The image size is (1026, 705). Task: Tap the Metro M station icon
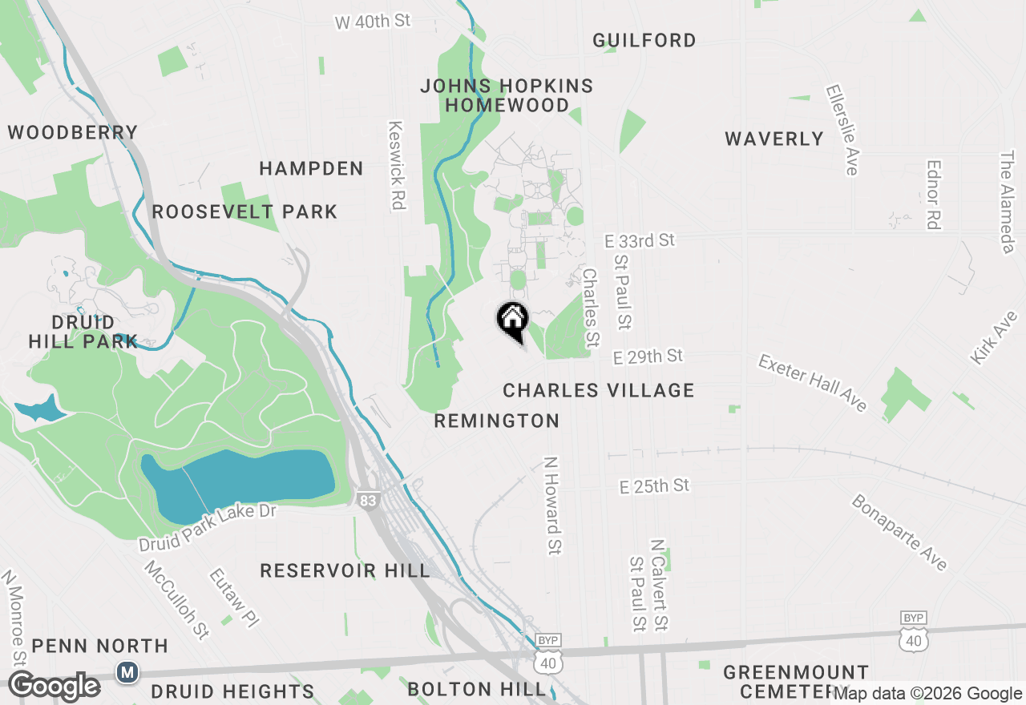[127, 672]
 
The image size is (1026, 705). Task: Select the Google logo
[54, 686]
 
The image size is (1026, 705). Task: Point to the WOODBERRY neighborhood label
[73, 132]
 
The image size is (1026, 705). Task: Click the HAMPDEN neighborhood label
[311, 168]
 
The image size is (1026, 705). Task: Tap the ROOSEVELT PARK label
[244, 211]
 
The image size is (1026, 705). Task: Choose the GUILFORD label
[644, 40]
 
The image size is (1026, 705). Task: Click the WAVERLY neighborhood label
[774, 139]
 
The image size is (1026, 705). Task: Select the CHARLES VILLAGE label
[598, 390]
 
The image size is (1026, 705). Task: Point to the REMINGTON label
[496, 421]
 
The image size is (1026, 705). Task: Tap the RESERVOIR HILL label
[345, 570]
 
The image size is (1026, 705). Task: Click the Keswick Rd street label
[395, 165]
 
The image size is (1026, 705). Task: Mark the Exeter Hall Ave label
[813, 384]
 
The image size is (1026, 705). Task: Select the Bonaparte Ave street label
[899, 532]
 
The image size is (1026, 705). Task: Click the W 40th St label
[373, 22]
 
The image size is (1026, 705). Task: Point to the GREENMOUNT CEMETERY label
[795, 680]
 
